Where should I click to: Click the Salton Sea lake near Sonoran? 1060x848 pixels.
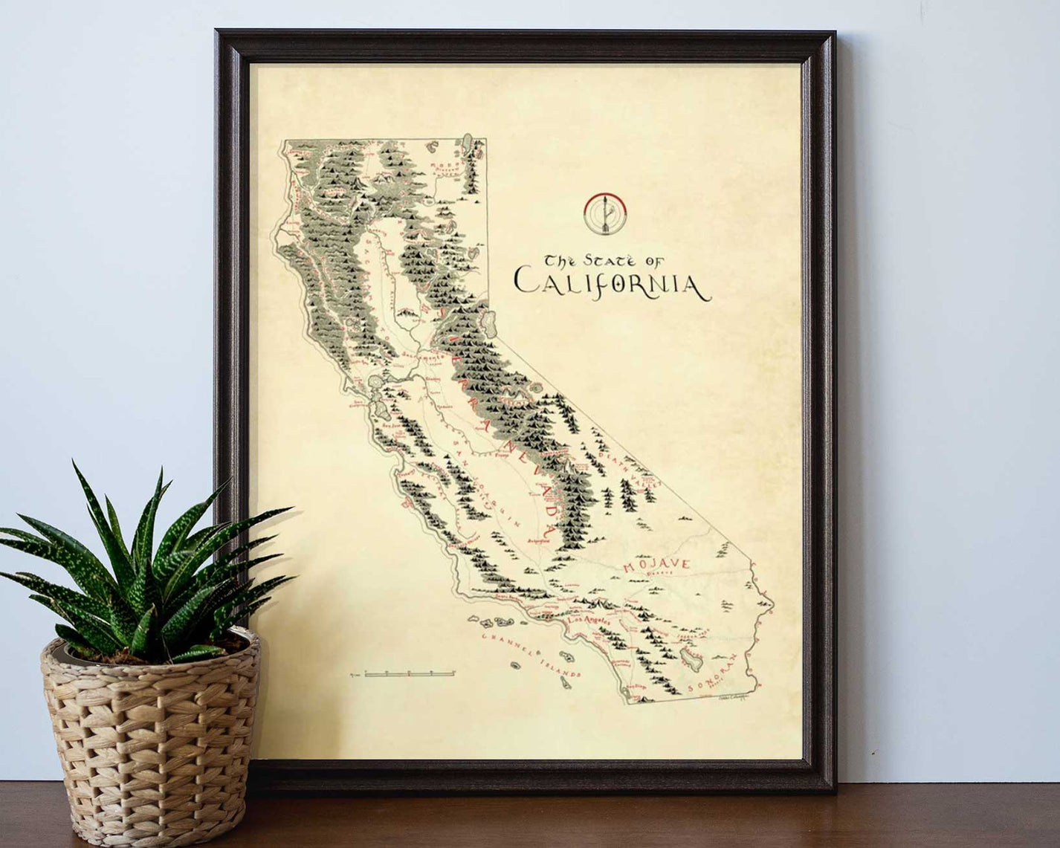[688, 656]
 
